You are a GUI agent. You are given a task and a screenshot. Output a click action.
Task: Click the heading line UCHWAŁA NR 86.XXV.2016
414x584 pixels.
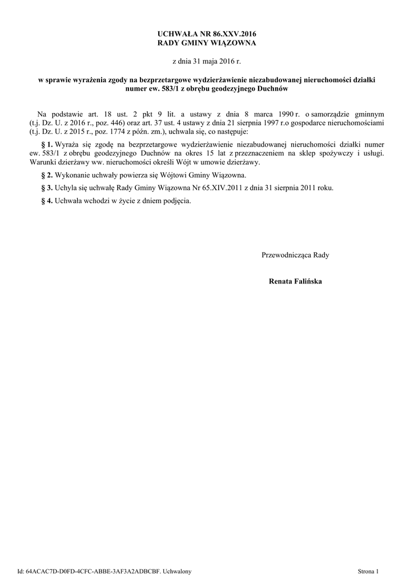tap(207, 34)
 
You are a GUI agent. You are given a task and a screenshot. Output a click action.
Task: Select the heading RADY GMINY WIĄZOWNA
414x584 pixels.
tap(207, 43)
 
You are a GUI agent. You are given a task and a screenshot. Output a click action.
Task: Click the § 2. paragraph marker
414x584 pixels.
tap(47, 175)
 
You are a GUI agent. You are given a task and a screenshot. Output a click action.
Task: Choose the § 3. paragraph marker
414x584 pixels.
tap(47, 188)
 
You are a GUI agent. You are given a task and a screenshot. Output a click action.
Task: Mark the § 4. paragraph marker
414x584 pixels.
tap(47, 201)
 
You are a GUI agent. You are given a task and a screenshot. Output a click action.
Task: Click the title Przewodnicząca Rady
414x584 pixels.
tap(295, 255)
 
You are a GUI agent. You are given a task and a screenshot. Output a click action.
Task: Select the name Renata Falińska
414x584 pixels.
tap(295, 281)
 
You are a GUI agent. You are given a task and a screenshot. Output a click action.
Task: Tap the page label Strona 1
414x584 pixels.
tap(368, 571)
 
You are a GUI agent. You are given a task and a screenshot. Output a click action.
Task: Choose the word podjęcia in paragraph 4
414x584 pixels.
tap(176, 201)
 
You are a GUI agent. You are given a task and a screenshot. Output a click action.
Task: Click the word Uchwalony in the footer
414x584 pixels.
tap(177, 571)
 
